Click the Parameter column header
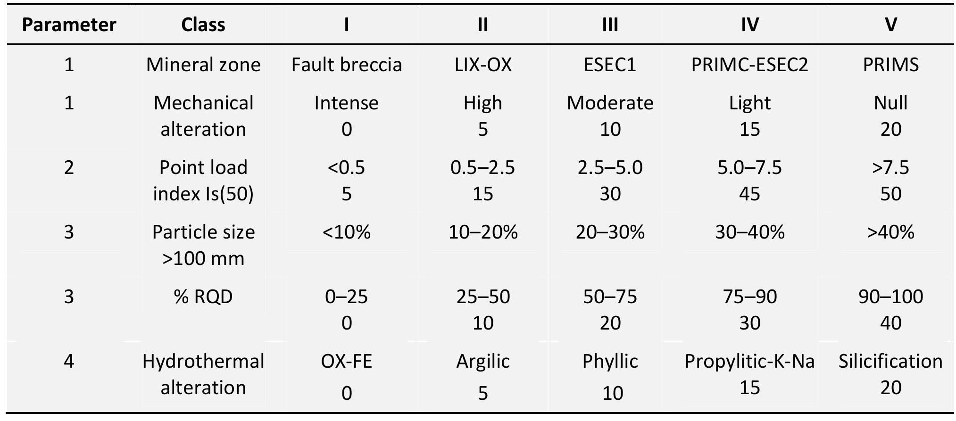69,25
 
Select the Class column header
203,25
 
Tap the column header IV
749,25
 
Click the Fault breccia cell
347,65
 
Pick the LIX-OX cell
483,65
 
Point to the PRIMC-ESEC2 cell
749,65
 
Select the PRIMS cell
890,65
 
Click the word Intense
347,103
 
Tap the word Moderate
610,103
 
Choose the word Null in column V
890,103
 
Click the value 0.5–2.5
483,167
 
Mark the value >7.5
890,167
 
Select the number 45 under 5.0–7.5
749,194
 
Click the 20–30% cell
610,232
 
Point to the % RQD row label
203,297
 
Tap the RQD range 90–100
890,297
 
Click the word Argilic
483,361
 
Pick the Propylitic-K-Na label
749,361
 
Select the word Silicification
890,361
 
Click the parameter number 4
69,361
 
